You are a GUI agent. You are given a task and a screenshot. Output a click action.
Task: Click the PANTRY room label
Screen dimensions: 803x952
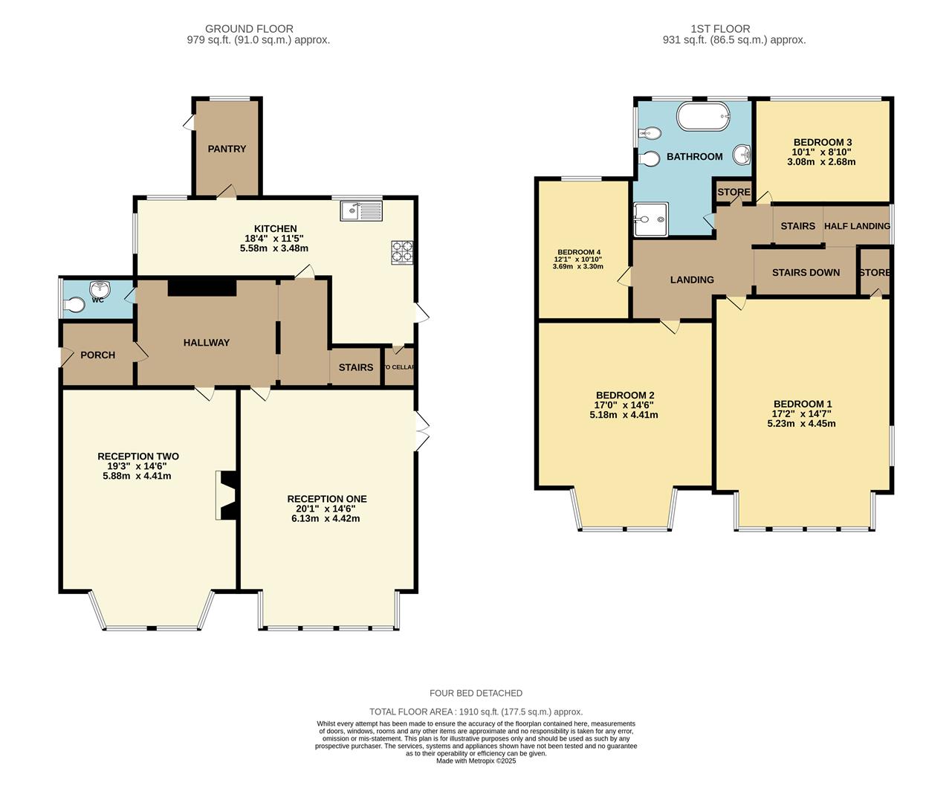click(x=227, y=149)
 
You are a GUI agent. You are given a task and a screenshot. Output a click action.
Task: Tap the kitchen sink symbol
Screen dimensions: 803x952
click(x=361, y=211)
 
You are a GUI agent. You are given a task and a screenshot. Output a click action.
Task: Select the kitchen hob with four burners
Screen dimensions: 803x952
click(x=403, y=252)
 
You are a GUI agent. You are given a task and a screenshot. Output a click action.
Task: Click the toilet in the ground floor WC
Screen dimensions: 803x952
click(x=75, y=305)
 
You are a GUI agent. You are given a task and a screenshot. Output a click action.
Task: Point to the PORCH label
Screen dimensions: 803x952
click(x=97, y=355)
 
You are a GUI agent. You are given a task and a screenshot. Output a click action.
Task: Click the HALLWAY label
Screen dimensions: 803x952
click(x=207, y=343)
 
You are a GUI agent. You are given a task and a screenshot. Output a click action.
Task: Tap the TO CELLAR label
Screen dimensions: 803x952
click(x=399, y=367)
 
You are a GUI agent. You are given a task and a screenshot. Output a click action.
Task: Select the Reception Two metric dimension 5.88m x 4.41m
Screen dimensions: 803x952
click(x=137, y=476)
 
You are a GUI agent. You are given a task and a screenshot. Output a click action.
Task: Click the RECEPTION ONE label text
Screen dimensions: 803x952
click(x=327, y=499)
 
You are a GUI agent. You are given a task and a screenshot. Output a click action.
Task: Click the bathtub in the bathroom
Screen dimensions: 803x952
click(x=703, y=117)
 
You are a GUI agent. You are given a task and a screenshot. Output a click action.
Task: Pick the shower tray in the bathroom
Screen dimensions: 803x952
click(x=651, y=220)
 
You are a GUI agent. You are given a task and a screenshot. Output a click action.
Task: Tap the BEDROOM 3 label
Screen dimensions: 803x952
click(x=823, y=142)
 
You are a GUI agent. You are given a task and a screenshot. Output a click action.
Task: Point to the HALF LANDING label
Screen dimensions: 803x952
click(x=857, y=226)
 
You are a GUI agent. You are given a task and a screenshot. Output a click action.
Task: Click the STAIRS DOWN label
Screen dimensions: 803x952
click(x=806, y=272)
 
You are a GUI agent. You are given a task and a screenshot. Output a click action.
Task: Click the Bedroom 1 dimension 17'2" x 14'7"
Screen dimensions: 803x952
click(x=802, y=414)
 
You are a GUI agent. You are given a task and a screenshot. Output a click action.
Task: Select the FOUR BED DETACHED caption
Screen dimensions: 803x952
click(x=476, y=693)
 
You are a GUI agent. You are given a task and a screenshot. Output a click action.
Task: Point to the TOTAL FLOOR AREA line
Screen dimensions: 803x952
click(x=476, y=712)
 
